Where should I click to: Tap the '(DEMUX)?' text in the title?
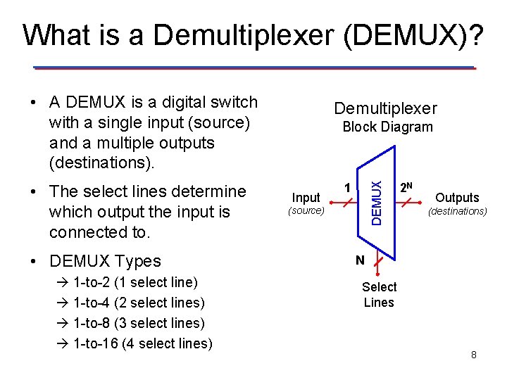pyautogui.click(x=415, y=35)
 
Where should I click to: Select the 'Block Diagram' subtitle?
pyautogui.click(x=387, y=127)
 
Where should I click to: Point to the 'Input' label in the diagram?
pyautogui.click(x=306, y=198)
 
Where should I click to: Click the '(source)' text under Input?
pyautogui.click(x=306, y=211)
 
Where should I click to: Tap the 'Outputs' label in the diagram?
pyautogui.click(x=457, y=198)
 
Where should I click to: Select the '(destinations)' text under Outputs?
pyautogui.click(x=458, y=211)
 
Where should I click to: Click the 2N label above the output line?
pyautogui.click(x=406, y=188)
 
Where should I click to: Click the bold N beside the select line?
pyautogui.click(x=360, y=260)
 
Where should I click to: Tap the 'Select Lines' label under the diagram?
pyautogui.click(x=379, y=295)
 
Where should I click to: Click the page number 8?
pyautogui.click(x=474, y=355)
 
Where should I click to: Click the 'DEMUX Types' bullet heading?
pyautogui.click(x=105, y=261)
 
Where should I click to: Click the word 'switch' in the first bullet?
pyautogui.click(x=234, y=103)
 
